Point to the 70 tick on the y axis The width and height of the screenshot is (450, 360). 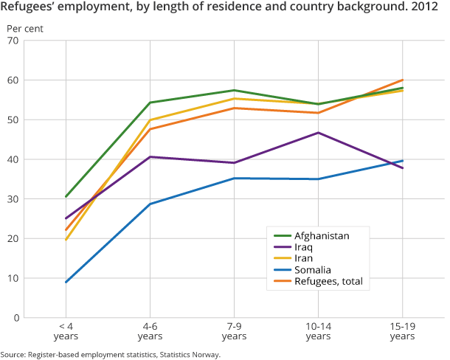pos(13,41)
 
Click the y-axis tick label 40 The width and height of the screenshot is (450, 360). pos(13,159)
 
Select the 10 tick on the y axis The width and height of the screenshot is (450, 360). pos(13,278)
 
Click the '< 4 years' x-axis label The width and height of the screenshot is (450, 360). pos(66,330)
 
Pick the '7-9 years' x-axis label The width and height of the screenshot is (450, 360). pos(234,330)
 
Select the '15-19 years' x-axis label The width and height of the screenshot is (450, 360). pos(402,330)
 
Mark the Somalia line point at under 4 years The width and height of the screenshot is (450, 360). pos(66,282)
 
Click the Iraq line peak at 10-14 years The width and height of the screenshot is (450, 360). pos(318,133)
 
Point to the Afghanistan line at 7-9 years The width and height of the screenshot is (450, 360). pos(234,90)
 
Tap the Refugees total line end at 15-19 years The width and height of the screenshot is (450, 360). pos(402,80)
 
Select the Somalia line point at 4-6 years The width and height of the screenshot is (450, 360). pos(150,204)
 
